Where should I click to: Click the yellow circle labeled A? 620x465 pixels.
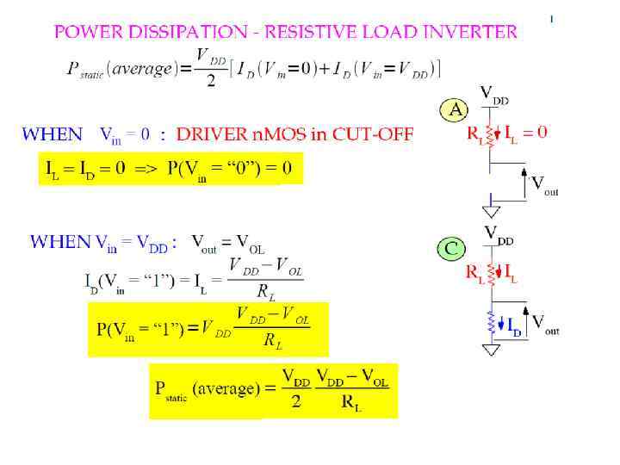pyautogui.click(x=454, y=110)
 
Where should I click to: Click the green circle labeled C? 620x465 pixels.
pyautogui.click(x=451, y=250)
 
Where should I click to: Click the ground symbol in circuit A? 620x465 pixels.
pyautogui.click(x=490, y=209)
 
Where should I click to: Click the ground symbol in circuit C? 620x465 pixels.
pyautogui.click(x=491, y=350)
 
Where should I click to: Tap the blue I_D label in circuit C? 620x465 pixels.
pyautogui.click(x=514, y=328)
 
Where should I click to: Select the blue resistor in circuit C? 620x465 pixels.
pyautogui.click(x=492, y=323)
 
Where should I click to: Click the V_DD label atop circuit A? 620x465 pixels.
pyautogui.click(x=494, y=94)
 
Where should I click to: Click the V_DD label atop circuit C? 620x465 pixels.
pyautogui.click(x=499, y=233)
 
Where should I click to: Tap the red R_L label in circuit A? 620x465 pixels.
pyautogui.click(x=474, y=134)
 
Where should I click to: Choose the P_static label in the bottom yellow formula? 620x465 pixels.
pyautogui.click(x=170, y=390)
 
